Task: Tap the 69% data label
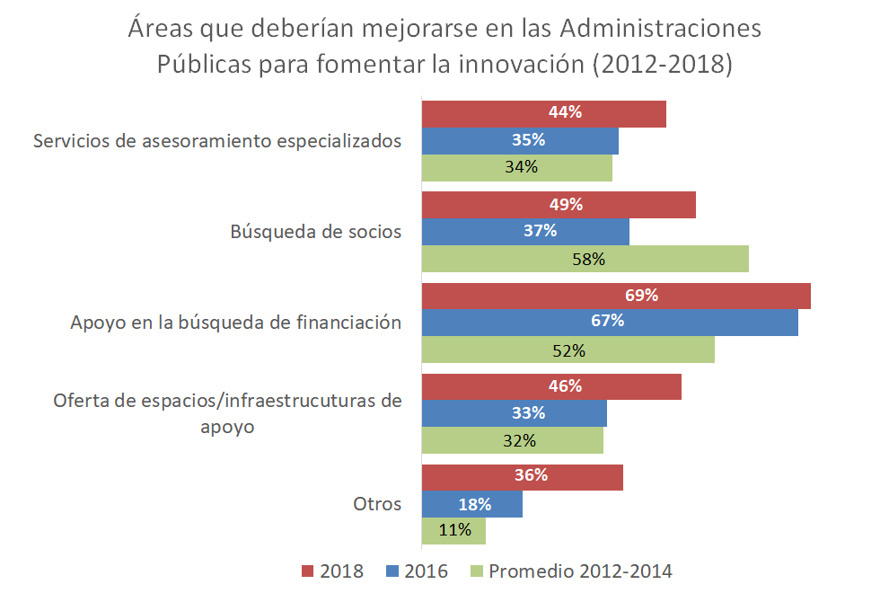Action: pos(642,295)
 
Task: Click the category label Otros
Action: pos(376,503)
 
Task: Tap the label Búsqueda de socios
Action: pos(315,232)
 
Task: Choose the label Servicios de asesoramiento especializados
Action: pos(216,141)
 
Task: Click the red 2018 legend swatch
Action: pos(306,571)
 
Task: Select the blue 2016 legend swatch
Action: pos(391,571)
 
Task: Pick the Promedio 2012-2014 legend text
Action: pos(580,571)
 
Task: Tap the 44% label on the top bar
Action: pos(566,113)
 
